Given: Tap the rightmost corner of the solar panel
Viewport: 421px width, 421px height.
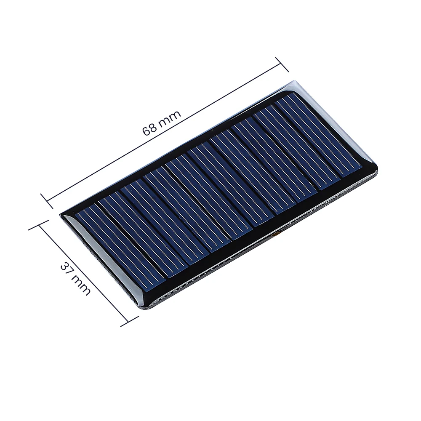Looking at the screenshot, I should click(378, 173).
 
